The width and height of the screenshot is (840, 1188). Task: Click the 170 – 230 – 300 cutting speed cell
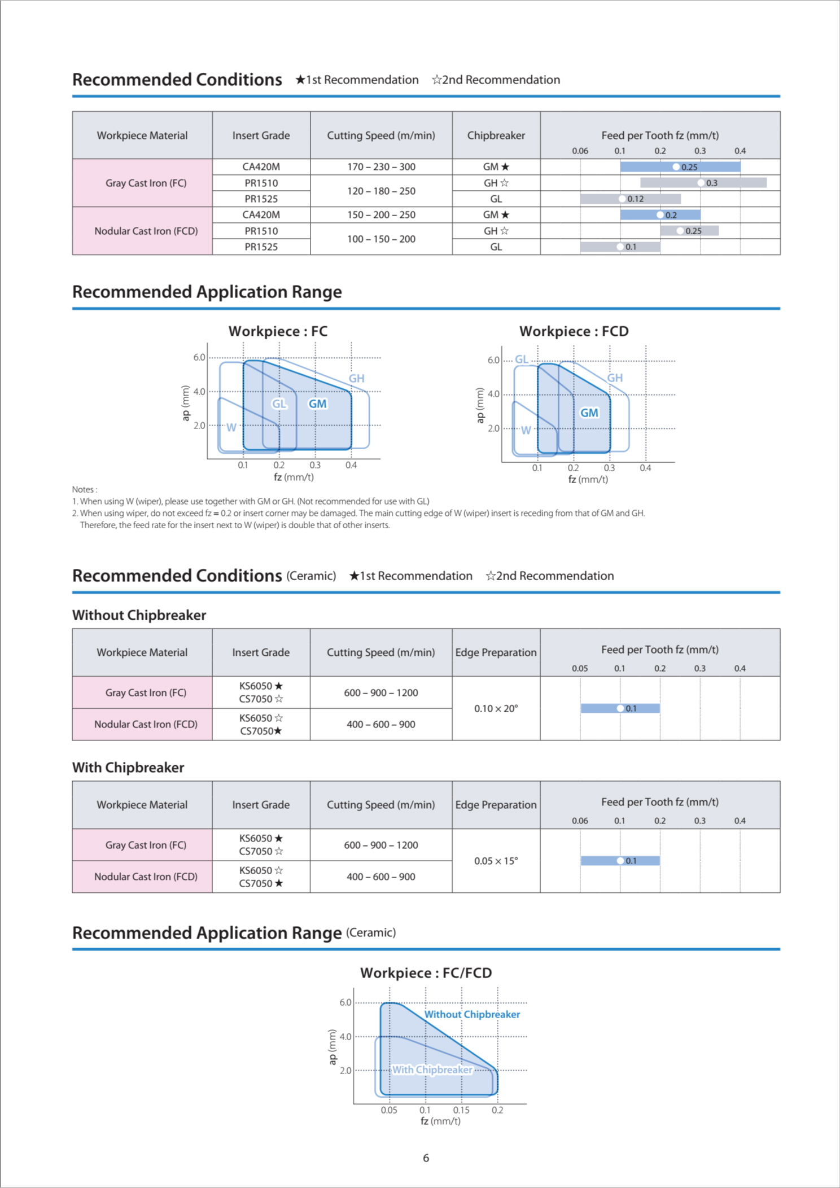(381, 167)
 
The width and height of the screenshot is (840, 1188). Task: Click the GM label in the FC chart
(317, 404)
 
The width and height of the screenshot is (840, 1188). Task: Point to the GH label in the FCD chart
(615, 378)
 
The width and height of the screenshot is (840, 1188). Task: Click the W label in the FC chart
(231, 428)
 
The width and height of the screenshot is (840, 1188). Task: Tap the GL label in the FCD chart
(522, 360)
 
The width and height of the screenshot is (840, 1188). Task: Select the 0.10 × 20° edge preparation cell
(496, 708)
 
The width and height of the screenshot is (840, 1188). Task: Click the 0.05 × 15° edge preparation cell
(496, 861)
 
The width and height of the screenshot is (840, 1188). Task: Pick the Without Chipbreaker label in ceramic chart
(472, 1014)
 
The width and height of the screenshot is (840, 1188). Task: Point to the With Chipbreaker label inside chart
(432, 1069)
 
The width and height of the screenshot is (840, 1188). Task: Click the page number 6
(426, 1158)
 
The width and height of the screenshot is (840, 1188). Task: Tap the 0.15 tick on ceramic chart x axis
(461, 1110)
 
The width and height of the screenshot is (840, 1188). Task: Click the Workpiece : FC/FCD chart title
(426, 973)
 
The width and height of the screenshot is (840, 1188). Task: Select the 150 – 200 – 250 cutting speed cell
(381, 215)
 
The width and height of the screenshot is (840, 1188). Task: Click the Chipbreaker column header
(496, 135)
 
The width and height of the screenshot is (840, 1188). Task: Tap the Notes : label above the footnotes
(85, 489)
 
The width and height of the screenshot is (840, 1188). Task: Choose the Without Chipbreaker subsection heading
(139, 615)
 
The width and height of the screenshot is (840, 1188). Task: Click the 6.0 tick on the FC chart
(199, 357)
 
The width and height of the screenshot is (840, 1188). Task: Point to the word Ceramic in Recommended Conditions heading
(311, 576)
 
